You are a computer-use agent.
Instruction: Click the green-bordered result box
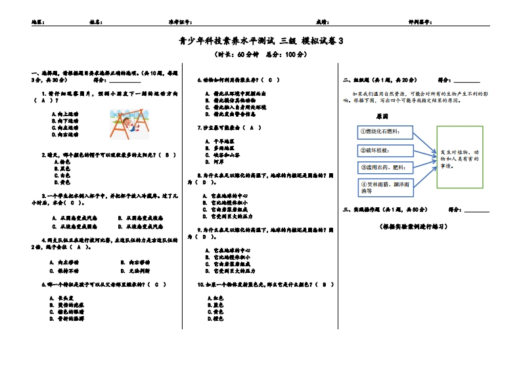[460, 157]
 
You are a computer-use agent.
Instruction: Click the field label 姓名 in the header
[95, 22]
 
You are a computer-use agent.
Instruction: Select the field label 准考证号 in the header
[179, 22]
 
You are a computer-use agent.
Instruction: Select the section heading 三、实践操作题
[385, 209]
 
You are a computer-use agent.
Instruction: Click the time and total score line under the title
[261, 54]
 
